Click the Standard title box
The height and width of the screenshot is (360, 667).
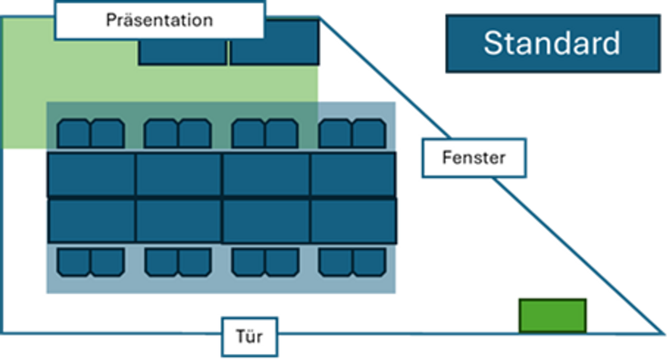552,43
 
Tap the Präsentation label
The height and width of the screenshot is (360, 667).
159,20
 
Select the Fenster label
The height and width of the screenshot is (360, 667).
474,157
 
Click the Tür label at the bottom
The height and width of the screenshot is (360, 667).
249,336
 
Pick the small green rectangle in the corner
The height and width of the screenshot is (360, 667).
552,316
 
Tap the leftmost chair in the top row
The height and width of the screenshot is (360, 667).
74,133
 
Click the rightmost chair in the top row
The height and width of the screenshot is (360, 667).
369,133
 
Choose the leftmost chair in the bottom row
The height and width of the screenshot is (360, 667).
74,262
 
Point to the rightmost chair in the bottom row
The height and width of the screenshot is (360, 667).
369,262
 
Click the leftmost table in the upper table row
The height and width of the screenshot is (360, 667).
91,175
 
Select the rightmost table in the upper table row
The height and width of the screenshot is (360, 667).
353,175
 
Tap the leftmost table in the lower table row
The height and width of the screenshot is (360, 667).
91,220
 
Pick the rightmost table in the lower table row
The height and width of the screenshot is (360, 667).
353,220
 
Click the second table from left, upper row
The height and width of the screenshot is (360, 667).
179,175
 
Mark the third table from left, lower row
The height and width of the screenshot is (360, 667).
266,220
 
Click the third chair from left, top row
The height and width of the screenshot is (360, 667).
161,133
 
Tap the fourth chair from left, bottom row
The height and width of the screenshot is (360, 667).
195,262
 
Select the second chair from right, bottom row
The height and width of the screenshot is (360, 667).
336,262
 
